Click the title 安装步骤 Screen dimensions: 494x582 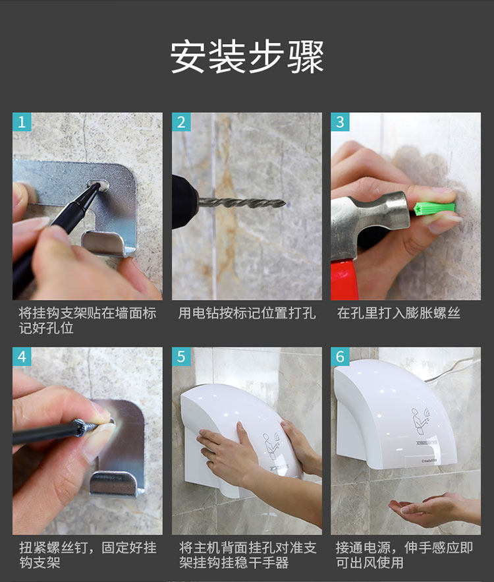click(247, 57)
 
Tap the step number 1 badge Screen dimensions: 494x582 click(22, 122)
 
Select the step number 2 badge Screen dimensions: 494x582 click(181, 122)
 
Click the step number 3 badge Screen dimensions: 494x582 click(340, 122)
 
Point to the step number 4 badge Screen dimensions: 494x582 click(22, 357)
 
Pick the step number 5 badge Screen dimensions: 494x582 click(181, 357)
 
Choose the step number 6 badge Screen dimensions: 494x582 click(340, 357)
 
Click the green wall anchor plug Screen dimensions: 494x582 click(435, 208)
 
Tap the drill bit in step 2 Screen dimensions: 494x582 click(242, 202)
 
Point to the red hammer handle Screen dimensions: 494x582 click(344, 278)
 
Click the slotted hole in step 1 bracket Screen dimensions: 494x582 click(98, 184)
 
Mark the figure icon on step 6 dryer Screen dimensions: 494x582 click(421, 421)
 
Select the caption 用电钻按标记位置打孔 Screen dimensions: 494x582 click(247, 313)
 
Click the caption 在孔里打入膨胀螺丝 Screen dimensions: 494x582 click(398, 313)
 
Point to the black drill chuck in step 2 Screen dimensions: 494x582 click(185, 202)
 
